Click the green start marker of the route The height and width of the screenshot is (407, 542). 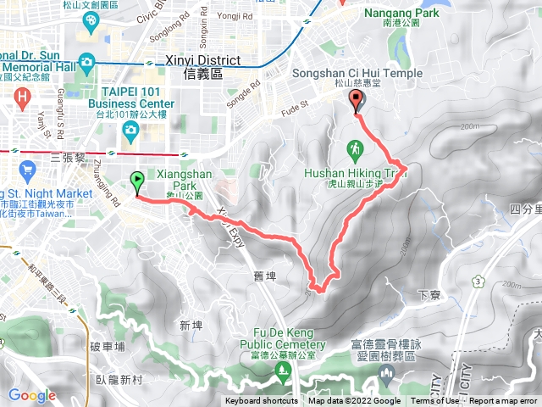[x=136, y=181]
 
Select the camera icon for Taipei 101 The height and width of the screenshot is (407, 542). [x=130, y=129]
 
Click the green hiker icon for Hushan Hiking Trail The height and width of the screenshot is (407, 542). [x=354, y=151]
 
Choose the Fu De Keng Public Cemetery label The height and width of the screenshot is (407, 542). [x=288, y=339]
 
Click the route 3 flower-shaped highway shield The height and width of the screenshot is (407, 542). [x=479, y=281]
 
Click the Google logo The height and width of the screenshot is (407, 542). [x=32, y=395]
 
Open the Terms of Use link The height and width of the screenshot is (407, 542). [x=434, y=401]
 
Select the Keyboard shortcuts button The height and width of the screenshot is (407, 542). [x=261, y=401]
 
